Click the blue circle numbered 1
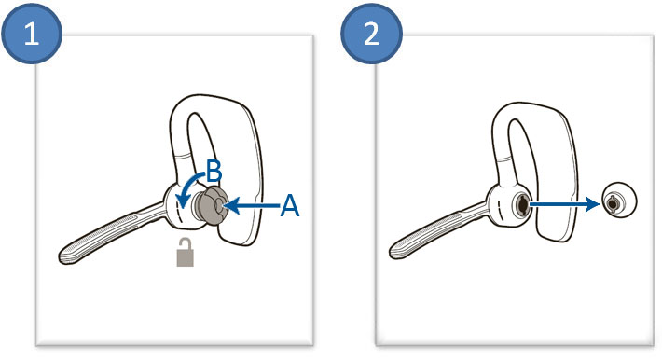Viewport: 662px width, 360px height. pyautogui.click(x=32, y=34)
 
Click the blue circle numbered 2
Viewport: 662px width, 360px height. pyautogui.click(x=371, y=34)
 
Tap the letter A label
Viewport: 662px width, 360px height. pyautogui.click(x=290, y=206)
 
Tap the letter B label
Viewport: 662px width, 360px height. pyautogui.click(x=214, y=172)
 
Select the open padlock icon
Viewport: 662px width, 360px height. pyautogui.click(x=185, y=252)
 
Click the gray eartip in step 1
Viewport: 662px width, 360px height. pyautogui.click(x=209, y=206)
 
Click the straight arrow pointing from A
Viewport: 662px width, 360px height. pyautogui.click(x=253, y=206)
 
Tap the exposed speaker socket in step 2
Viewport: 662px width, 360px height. pyautogui.click(x=521, y=204)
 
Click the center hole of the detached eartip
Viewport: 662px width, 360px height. pyautogui.click(x=613, y=204)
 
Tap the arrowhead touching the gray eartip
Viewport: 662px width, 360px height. pyautogui.click(x=231, y=206)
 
